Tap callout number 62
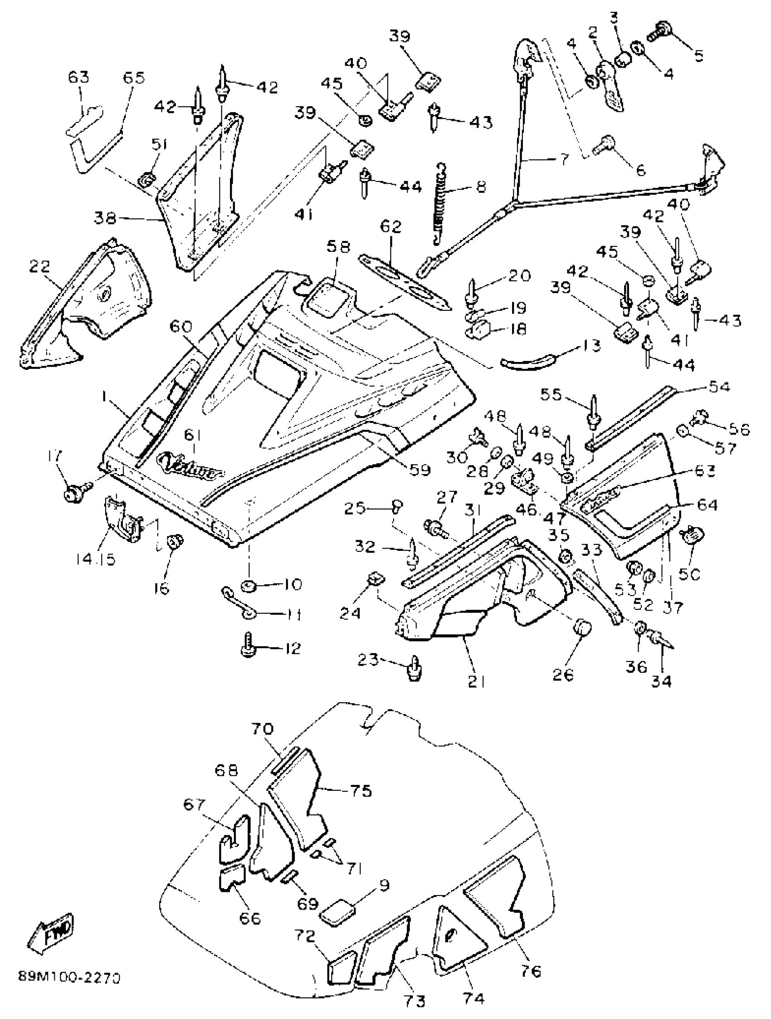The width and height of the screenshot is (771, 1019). click(x=390, y=227)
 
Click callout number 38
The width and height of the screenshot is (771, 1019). click(x=106, y=217)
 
